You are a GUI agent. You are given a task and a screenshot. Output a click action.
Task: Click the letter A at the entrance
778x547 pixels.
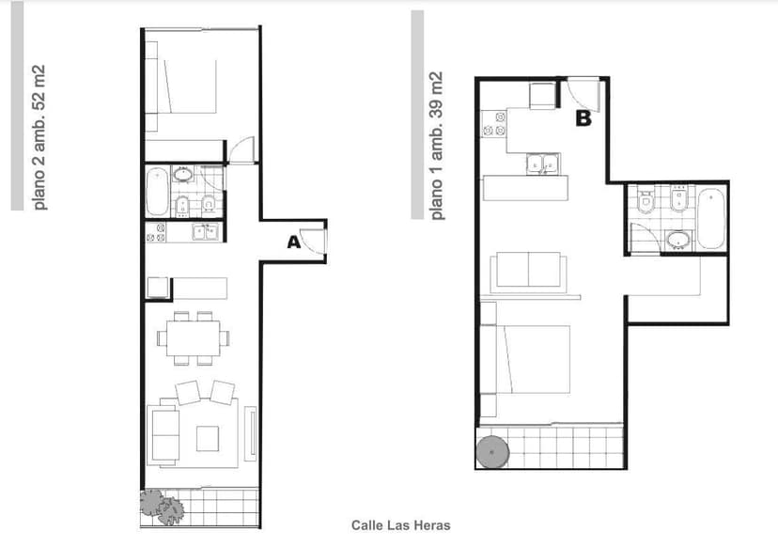point(294,242)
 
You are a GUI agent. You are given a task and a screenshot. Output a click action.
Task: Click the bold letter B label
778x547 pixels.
point(583,118)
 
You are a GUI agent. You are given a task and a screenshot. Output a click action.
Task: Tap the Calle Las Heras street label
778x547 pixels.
point(401,525)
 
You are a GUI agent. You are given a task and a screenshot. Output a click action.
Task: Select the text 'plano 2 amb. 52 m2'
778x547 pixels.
point(39,137)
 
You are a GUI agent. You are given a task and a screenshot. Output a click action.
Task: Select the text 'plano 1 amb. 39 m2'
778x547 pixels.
point(437,146)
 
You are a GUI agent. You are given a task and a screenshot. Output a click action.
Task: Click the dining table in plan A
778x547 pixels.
point(194,338)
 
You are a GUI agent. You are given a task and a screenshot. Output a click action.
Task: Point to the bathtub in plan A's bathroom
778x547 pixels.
point(158,192)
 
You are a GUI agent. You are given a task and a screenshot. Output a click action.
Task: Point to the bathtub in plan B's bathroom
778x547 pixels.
point(711,219)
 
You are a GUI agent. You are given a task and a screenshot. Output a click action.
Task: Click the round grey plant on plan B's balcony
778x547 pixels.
point(492,452)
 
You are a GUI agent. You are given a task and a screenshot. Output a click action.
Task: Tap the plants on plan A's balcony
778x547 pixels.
point(162,507)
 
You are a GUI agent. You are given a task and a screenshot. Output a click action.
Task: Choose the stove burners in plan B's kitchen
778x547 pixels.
point(494,124)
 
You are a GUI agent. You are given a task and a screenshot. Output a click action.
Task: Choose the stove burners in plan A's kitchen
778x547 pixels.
point(156,233)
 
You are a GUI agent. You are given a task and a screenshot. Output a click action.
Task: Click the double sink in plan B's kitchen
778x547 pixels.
point(543,164)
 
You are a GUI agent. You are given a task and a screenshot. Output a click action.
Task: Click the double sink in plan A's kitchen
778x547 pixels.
point(207,232)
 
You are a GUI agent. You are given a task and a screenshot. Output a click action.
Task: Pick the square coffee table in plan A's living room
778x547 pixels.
point(208,439)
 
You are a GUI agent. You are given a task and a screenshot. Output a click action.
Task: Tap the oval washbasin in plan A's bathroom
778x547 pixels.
point(182,174)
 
